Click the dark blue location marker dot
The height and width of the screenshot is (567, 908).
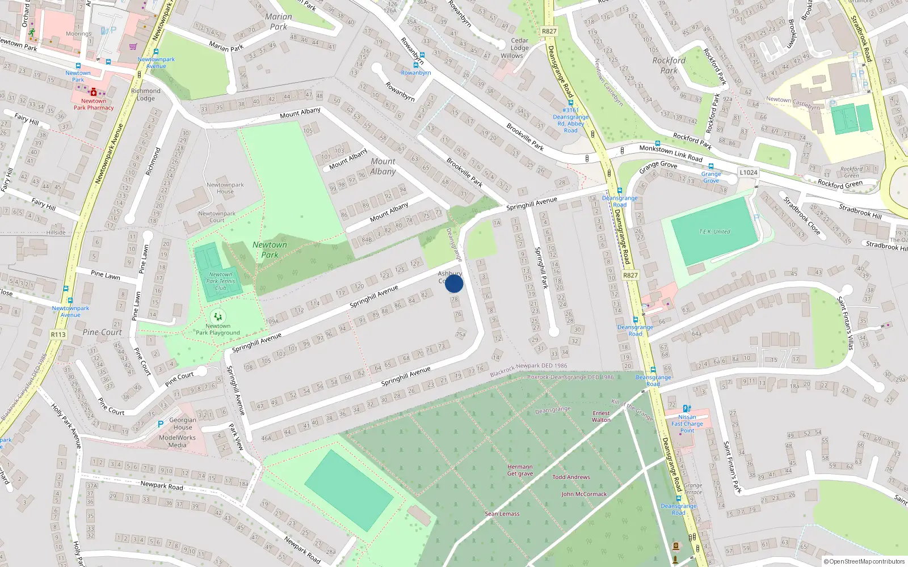coord(454,283)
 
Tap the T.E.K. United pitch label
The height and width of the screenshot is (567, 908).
coord(714,231)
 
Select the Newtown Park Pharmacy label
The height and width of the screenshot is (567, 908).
coord(94,104)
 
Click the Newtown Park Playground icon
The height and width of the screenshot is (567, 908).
coord(218,316)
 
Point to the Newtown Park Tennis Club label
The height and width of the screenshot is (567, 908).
coord(220,281)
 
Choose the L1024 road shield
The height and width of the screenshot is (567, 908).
coord(748,172)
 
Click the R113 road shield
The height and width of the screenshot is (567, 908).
coord(58,335)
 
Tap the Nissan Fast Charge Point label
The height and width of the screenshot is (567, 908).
coord(687,424)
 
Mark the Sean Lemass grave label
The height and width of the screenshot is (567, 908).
coord(502,514)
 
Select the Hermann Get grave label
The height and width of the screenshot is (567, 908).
coord(520,470)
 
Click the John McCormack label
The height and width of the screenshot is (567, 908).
coord(584,494)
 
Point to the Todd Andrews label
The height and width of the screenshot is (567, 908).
coord(571,477)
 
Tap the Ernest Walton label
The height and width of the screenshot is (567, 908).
coord(601,417)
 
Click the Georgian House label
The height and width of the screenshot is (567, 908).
coord(183,424)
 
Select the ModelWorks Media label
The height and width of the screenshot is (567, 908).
coord(177,441)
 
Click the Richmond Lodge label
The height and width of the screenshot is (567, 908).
coord(146,94)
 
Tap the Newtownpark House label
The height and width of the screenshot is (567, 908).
coord(225,188)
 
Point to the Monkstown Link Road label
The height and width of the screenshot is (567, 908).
coord(671,153)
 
